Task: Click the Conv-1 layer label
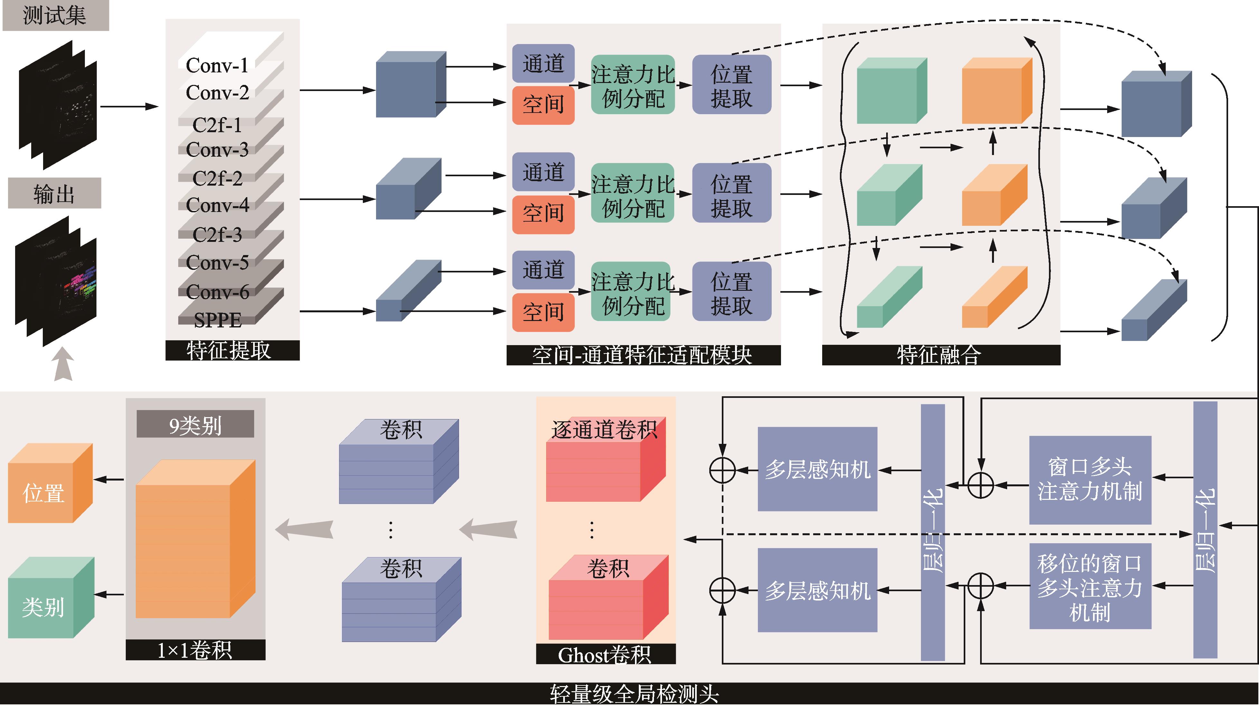(217, 66)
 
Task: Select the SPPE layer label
(217, 320)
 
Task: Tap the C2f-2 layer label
(217, 178)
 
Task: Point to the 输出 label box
(54, 194)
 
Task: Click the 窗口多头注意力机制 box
(1090, 480)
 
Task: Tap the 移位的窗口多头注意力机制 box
(1090, 586)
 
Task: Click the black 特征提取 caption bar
(232, 350)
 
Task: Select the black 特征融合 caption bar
(941, 355)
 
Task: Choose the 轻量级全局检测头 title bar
(629, 693)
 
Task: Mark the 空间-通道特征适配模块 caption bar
(643, 355)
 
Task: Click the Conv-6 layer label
(217, 292)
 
